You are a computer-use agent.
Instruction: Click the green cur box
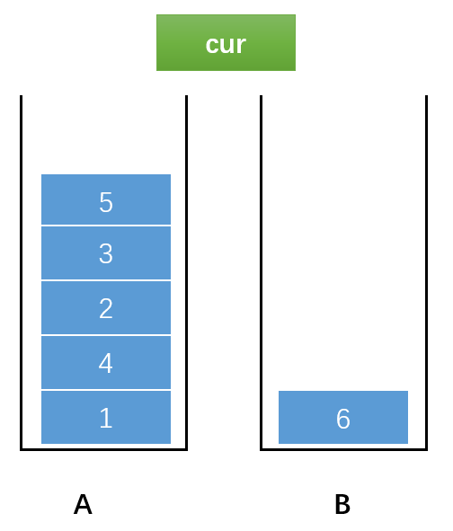click(x=226, y=42)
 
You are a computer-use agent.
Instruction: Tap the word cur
click(x=226, y=44)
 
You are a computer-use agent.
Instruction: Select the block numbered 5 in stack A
click(x=106, y=199)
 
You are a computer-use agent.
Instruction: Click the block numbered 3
click(x=106, y=253)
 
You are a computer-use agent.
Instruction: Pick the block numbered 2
click(x=106, y=308)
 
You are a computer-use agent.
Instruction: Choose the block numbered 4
click(x=106, y=363)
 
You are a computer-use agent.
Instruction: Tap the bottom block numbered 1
click(x=106, y=417)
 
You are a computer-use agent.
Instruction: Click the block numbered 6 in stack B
click(x=343, y=417)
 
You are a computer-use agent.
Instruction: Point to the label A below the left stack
click(x=83, y=504)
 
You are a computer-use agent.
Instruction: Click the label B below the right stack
click(x=342, y=504)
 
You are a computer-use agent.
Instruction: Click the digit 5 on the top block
click(x=106, y=202)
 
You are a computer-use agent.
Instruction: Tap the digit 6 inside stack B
click(x=343, y=419)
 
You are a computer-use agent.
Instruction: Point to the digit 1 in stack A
click(x=106, y=418)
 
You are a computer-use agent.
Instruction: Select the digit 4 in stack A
click(x=106, y=363)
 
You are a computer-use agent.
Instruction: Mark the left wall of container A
click(x=21, y=272)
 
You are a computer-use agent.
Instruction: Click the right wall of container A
click(x=187, y=272)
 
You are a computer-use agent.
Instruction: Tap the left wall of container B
click(x=262, y=272)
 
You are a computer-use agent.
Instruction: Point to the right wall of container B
click(x=427, y=272)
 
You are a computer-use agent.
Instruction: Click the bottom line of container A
click(x=103, y=449)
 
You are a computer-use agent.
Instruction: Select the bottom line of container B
click(x=344, y=449)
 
